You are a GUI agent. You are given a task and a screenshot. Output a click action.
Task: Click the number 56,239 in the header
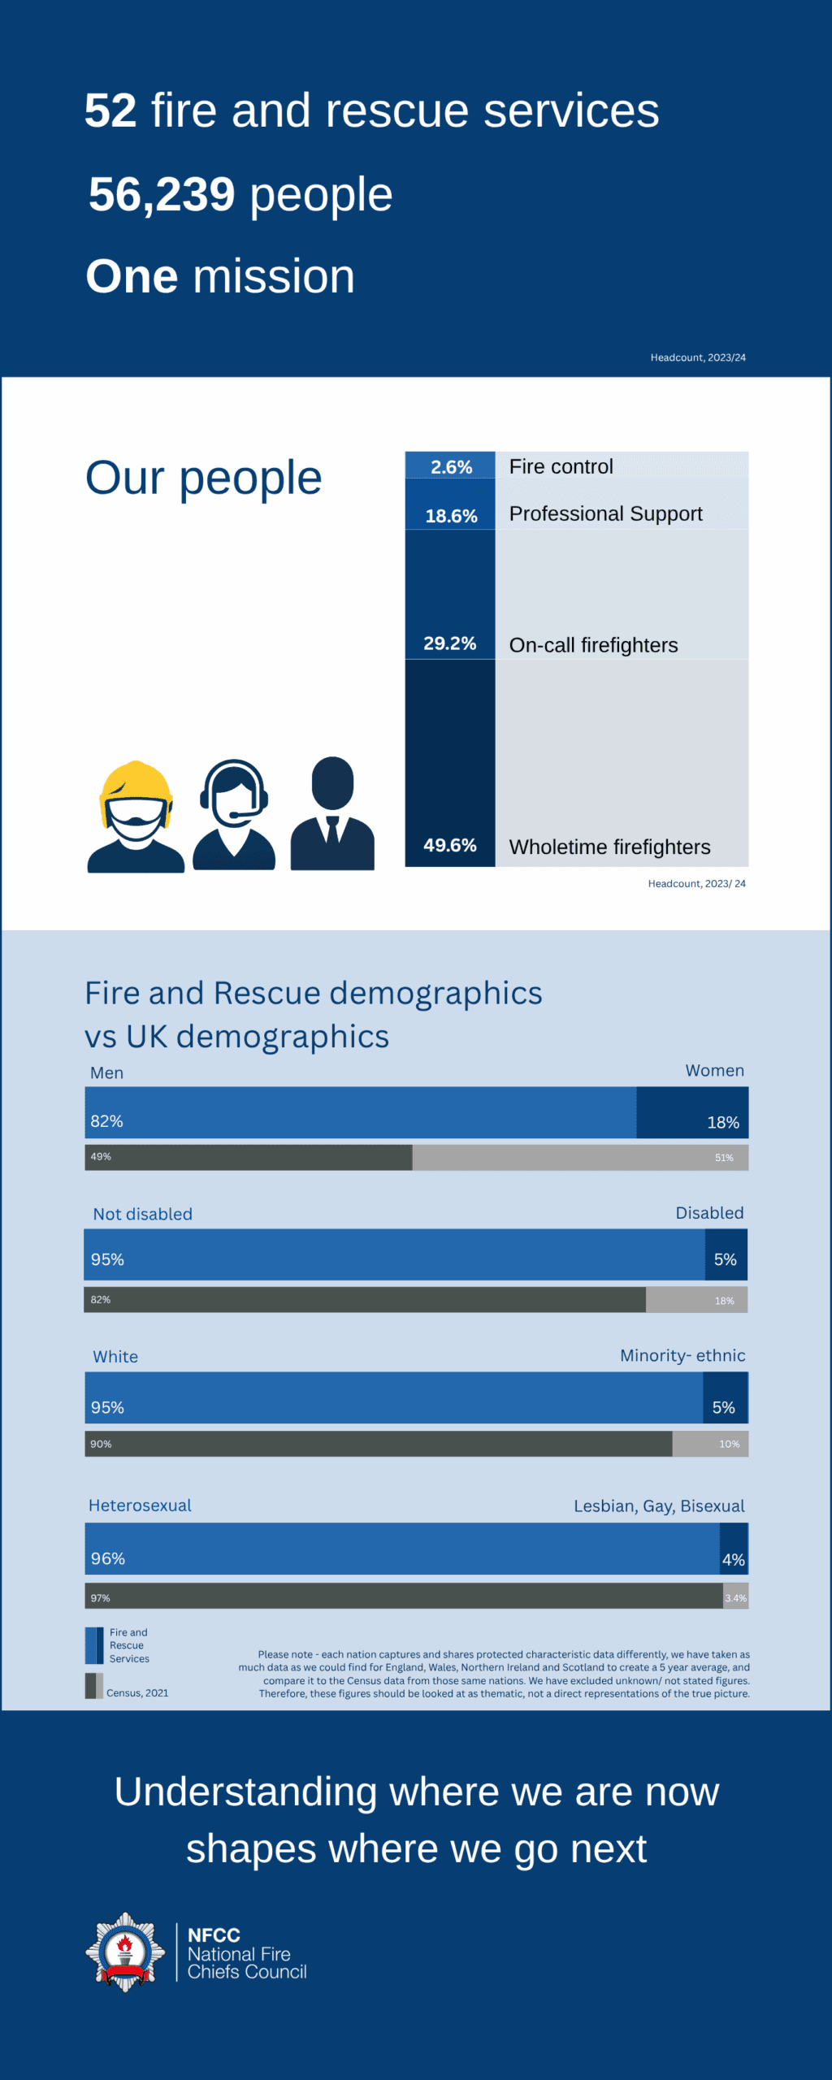[161, 195]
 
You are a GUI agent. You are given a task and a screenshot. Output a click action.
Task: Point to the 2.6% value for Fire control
[451, 467]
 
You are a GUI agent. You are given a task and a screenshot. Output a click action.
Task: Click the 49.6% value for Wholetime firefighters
[449, 845]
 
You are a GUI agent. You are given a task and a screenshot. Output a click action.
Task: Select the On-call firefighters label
[593, 645]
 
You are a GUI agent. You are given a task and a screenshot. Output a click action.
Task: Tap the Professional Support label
[605, 513]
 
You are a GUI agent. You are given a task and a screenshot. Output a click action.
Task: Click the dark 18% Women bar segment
[691, 1112]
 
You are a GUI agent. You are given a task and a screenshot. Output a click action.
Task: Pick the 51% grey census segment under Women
[580, 1157]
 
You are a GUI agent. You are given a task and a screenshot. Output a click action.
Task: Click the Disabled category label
[709, 1212]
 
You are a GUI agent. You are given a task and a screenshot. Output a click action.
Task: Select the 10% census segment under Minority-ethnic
[710, 1444]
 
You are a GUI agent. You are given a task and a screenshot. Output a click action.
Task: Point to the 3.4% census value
[735, 1597]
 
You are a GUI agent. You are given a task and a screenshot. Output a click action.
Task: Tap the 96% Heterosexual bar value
[108, 1558]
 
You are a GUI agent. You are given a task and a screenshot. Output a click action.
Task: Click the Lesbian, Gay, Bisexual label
[659, 1506]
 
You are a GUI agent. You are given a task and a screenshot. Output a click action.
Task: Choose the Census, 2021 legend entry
[136, 1692]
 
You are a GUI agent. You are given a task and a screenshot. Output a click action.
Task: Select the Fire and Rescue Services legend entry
[128, 1645]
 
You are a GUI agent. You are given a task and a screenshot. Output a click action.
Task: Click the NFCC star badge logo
[125, 1952]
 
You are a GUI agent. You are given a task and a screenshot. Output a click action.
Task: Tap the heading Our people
[203, 478]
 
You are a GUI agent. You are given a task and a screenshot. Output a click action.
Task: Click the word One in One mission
[132, 277]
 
